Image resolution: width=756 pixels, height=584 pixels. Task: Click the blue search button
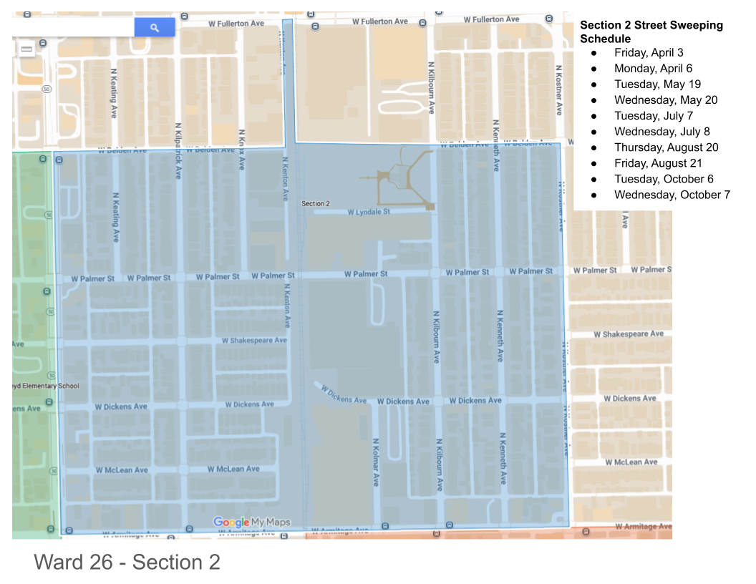tap(155, 27)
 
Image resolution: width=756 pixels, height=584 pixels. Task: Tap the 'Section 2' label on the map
tap(316, 204)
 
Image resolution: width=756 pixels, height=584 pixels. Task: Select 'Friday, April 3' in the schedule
tap(649, 53)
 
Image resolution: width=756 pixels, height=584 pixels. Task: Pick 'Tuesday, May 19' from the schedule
tap(657, 84)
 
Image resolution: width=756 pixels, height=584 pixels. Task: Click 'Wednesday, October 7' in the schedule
tap(672, 195)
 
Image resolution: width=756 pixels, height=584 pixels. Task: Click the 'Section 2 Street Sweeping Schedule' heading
tap(651, 31)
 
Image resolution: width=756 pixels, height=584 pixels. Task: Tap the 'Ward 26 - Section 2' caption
tap(127, 563)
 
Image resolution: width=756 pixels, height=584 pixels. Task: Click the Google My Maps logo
tap(252, 522)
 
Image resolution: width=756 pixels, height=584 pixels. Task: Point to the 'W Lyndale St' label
tap(369, 213)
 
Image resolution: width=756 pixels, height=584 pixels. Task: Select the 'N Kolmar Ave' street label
tap(375, 462)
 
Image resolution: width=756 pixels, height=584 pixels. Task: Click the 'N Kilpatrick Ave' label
tap(178, 150)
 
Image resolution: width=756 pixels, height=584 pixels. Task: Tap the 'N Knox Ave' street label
tap(242, 149)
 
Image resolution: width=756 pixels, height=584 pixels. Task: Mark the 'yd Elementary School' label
tap(46, 386)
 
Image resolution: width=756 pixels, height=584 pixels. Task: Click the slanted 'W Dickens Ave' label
tap(344, 395)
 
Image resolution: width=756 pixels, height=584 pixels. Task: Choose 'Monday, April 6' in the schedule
tap(653, 69)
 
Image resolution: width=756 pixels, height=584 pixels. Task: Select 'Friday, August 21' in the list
tap(658, 163)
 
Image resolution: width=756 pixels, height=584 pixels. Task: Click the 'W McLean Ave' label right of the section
tap(631, 462)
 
